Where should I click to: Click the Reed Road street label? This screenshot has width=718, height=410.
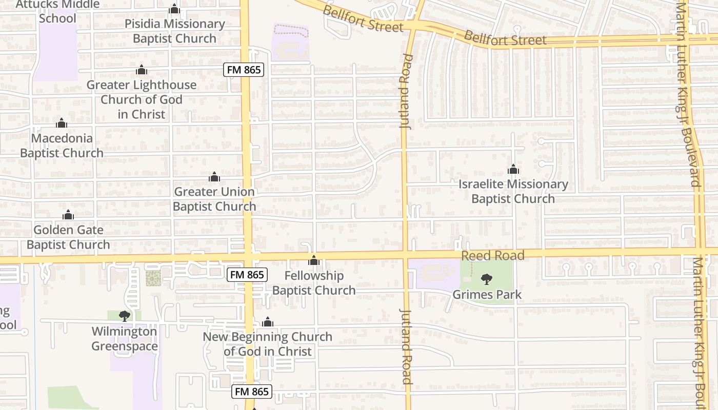click(492, 255)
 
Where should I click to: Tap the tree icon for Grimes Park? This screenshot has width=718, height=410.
click(487, 279)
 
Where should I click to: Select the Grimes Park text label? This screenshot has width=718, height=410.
click(487, 295)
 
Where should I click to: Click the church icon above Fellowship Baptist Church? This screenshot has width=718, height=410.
click(314, 260)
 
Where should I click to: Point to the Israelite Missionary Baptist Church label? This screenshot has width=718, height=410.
click(513, 191)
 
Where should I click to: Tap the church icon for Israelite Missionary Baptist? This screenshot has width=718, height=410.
click(513, 169)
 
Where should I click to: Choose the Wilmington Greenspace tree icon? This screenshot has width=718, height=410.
click(124, 316)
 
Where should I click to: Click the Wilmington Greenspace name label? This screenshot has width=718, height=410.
click(124, 339)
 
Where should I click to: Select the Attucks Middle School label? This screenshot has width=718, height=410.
click(57, 11)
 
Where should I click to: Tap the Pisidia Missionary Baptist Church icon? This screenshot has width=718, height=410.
click(174, 9)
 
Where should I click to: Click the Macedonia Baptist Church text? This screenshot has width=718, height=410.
click(62, 146)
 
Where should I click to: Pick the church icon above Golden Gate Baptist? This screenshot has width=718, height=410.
click(68, 215)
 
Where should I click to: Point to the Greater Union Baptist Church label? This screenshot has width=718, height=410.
click(214, 199)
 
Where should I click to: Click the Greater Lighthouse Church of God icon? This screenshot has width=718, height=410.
click(142, 70)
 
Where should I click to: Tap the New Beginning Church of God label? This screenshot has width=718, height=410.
click(267, 344)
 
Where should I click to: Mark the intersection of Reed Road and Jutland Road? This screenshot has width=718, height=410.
click(406, 254)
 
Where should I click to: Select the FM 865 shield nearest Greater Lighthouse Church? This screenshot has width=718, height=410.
click(244, 70)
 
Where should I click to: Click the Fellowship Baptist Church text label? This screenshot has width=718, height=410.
click(314, 283)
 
